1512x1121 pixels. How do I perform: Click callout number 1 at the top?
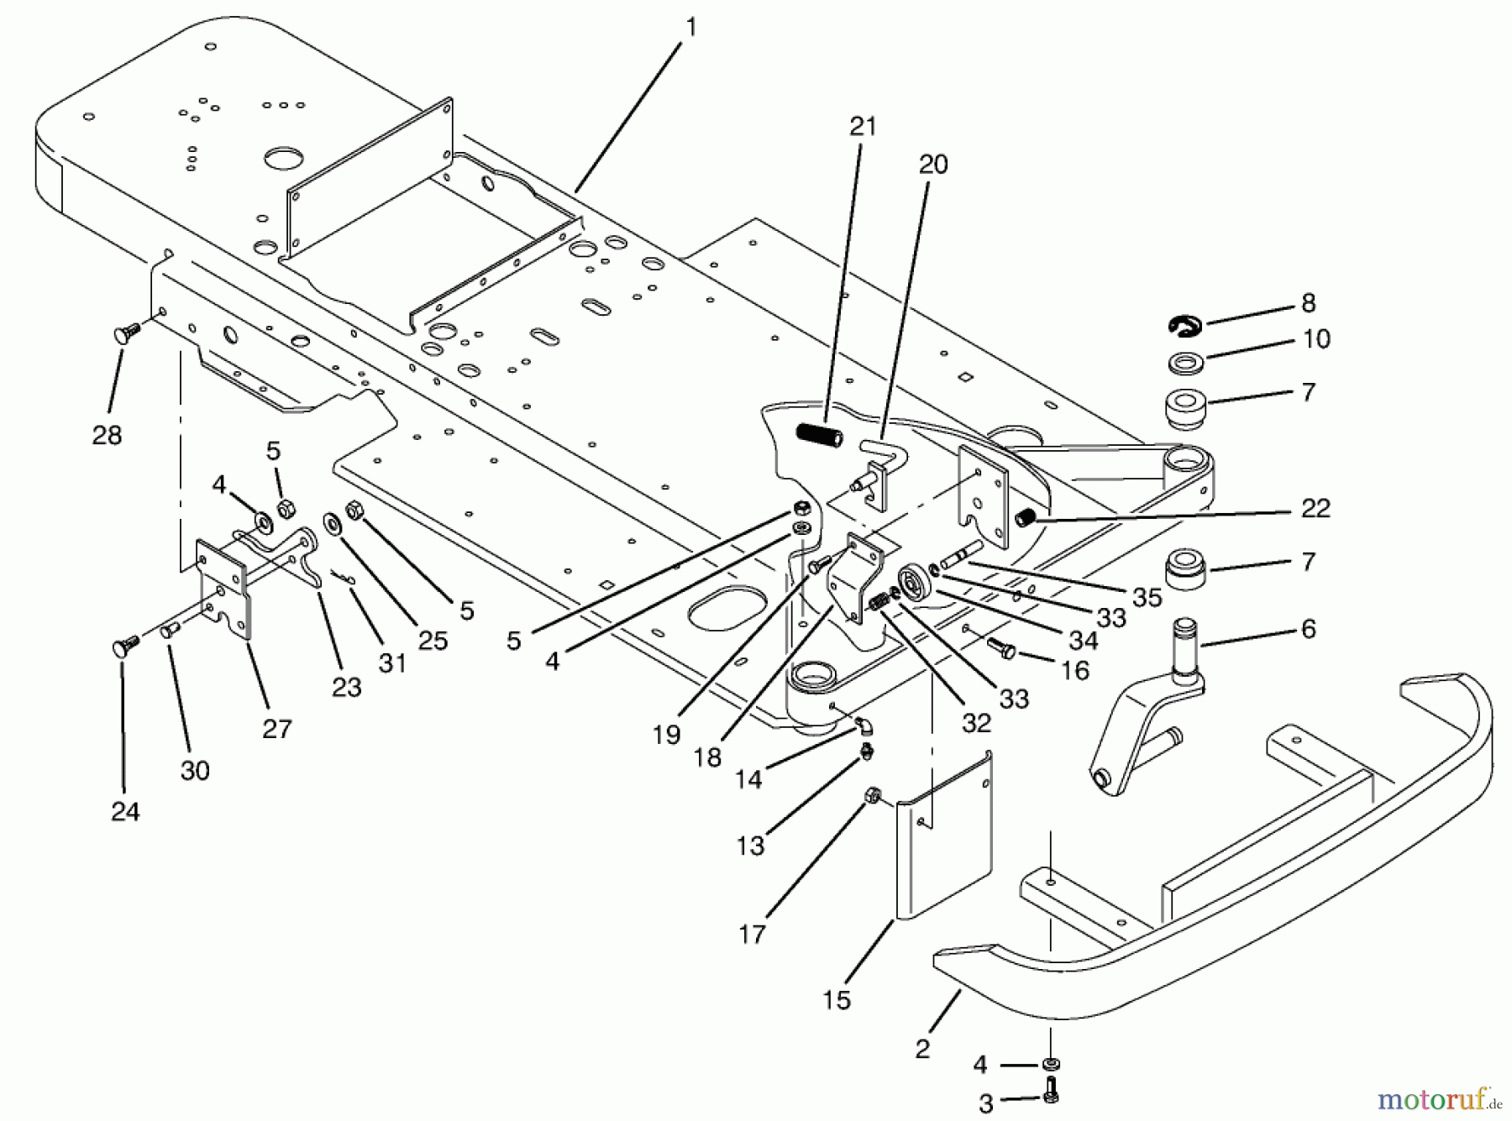[x=690, y=28]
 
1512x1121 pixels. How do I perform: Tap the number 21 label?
[x=863, y=127]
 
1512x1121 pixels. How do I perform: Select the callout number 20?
[x=932, y=165]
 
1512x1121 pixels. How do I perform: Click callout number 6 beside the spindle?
[x=1308, y=629]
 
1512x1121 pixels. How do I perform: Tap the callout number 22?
[x=1315, y=508]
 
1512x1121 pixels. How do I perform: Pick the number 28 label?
[x=108, y=435]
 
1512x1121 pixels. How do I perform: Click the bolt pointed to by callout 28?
[x=126, y=334]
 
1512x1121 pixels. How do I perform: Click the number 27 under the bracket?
[x=276, y=728]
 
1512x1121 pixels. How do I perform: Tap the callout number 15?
[x=837, y=999]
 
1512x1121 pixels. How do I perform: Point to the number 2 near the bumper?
[x=923, y=1049]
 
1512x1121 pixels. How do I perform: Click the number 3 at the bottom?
[x=986, y=1102]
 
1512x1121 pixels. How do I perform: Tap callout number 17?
[x=752, y=934]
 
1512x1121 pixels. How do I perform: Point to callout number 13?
[x=750, y=846]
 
